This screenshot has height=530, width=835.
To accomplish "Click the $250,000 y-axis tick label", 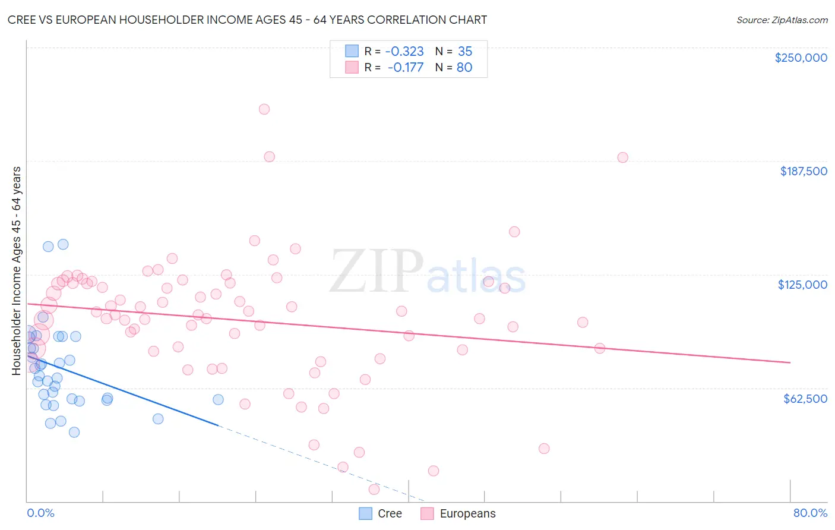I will point(801,58).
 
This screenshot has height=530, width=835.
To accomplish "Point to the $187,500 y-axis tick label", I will point(804,171).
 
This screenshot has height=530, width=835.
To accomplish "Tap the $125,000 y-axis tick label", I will point(802,285).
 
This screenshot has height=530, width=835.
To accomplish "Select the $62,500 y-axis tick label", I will point(805,399).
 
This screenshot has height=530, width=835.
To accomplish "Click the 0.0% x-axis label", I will point(40,513).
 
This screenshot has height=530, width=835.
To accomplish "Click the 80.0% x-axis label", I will point(810,513).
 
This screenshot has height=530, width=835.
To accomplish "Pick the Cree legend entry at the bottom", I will point(381,513).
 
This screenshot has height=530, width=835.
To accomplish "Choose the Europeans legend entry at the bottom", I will point(458,513).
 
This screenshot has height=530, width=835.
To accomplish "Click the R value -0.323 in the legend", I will point(404,52).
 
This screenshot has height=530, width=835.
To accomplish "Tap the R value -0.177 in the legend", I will point(406,68).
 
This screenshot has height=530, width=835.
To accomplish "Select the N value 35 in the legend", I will point(465,52).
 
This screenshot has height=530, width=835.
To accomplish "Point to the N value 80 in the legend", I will point(464,68).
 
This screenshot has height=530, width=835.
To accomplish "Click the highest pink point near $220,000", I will point(264,109).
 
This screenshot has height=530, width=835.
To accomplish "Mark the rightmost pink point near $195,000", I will point(622,157).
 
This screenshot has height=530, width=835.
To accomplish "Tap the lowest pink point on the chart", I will point(374,490).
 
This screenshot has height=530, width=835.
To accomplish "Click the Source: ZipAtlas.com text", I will point(782,20).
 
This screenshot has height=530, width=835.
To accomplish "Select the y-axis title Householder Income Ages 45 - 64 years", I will point(16,270).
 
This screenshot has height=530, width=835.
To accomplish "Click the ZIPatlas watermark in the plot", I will point(428,272).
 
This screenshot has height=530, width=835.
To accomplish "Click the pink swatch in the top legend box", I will point(352,68).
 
